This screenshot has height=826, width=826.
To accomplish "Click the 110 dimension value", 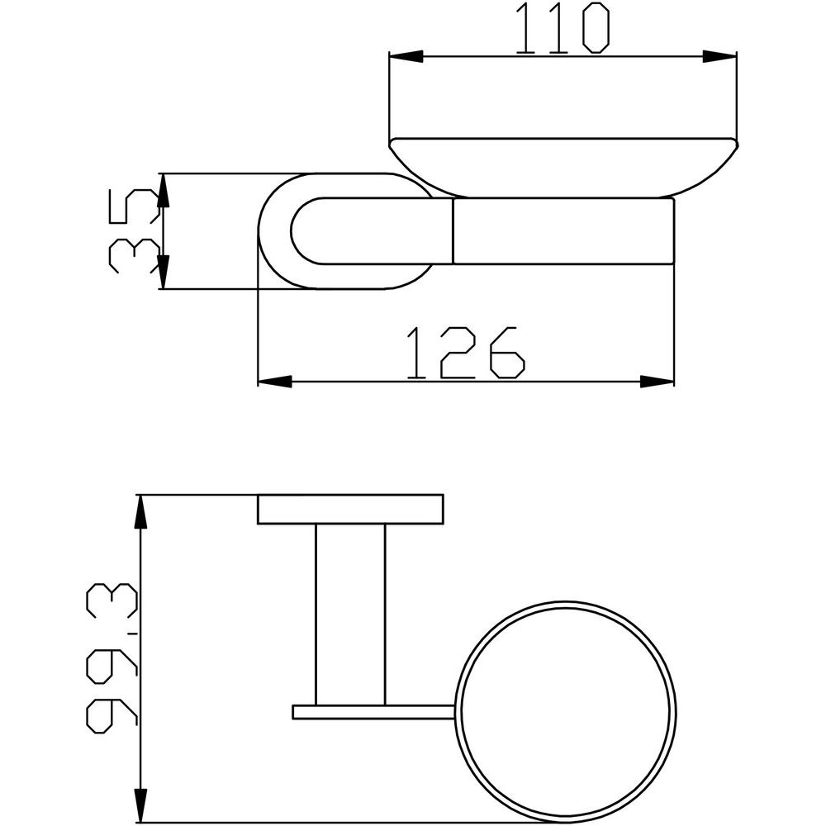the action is pyautogui.click(x=562, y=28).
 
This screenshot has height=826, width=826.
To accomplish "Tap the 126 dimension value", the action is pyautogui.click(x=466, y=353).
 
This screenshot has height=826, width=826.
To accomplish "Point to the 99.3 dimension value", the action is pyautogui.click(x=112, y=658).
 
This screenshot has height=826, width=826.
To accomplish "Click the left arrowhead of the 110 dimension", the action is pyautogui.click(x=406, y=57).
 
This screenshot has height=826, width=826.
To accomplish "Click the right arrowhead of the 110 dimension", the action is pyautogui.click(x=719, y=57).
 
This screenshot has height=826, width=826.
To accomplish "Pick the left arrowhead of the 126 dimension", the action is pyautogui.click(x=275, y=382).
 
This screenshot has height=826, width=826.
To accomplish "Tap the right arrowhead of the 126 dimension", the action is pyautogui.click(x=657, y=382).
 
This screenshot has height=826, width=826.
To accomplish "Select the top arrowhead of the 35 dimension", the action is pyautogui.click(x=163, y=190).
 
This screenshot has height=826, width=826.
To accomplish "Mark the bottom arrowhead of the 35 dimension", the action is pyautogui.click(x=163, y=272).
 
